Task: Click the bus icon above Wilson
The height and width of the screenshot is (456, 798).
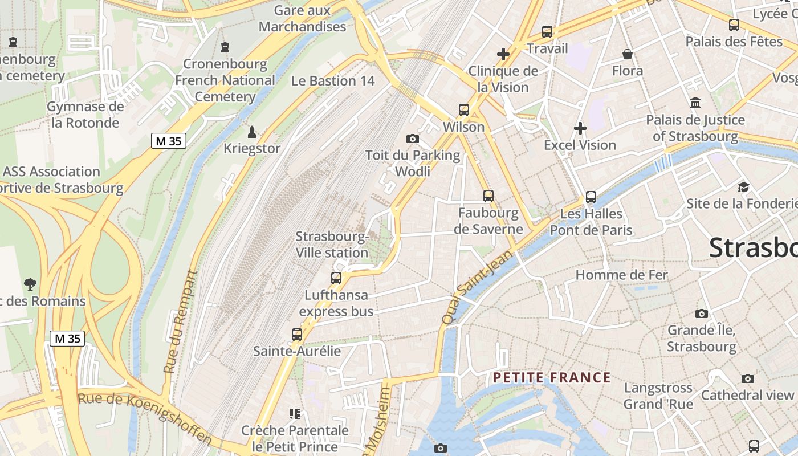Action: pyautogui.click(x=464, y=110)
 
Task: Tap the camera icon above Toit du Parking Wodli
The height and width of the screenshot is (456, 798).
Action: pyautogui.click(x=413, y=139)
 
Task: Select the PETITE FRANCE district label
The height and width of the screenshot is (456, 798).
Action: pyautogui.click(x=552, y=377)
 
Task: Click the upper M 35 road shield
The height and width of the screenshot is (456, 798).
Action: pyautogui.click(x=169, y=141)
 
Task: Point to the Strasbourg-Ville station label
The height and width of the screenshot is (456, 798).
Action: pyautogui.click(x=332, y=245)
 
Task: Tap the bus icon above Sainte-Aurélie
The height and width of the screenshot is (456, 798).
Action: pyautogui.click(x=297, y=335)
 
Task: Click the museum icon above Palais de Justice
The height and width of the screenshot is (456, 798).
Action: pyautogui.click(x=695, y=103)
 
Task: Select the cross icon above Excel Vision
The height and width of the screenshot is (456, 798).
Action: pyautogui.click(x=580, y=128)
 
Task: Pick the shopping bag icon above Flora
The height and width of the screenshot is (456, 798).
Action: pyautogui.click(x=628, y=54)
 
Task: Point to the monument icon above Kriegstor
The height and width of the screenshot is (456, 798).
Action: pyautogui.click(x=251, y=132)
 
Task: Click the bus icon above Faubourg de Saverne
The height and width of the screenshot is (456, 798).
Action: pyautogui.click(x=488, y=196)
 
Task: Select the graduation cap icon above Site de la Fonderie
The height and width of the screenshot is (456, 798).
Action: pyautogui.click(x=743, y=187)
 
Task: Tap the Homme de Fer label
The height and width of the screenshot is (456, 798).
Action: pyautogui.click(x=621, y=275)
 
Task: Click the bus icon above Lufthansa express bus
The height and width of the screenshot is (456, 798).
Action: pyautogui.click(x=336, y=278)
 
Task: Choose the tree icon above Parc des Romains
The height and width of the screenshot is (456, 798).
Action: pyautogui.click(x=30, y=284)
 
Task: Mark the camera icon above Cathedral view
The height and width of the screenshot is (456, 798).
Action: pyautogui.click(x=747, y=378)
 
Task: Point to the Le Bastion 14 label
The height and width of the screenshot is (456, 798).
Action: pyautogui.click(x=333, y=81)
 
